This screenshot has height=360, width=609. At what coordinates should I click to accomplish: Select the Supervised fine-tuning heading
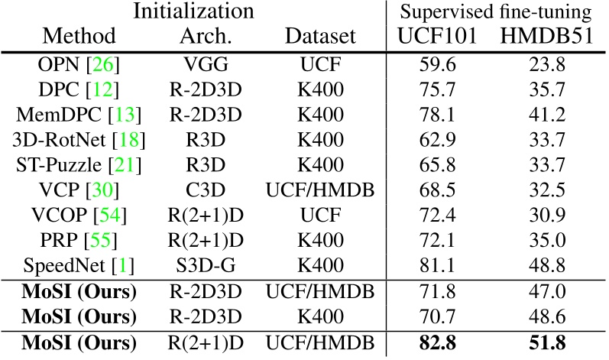coord(498,13)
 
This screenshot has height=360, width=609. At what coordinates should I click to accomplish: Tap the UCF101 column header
coord(439,36)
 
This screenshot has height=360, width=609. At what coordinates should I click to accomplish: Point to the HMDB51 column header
coord(552,36)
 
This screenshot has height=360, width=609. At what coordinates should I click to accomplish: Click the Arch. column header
coord(204,36)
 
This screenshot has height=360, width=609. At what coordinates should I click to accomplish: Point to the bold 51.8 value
coord(552,345)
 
